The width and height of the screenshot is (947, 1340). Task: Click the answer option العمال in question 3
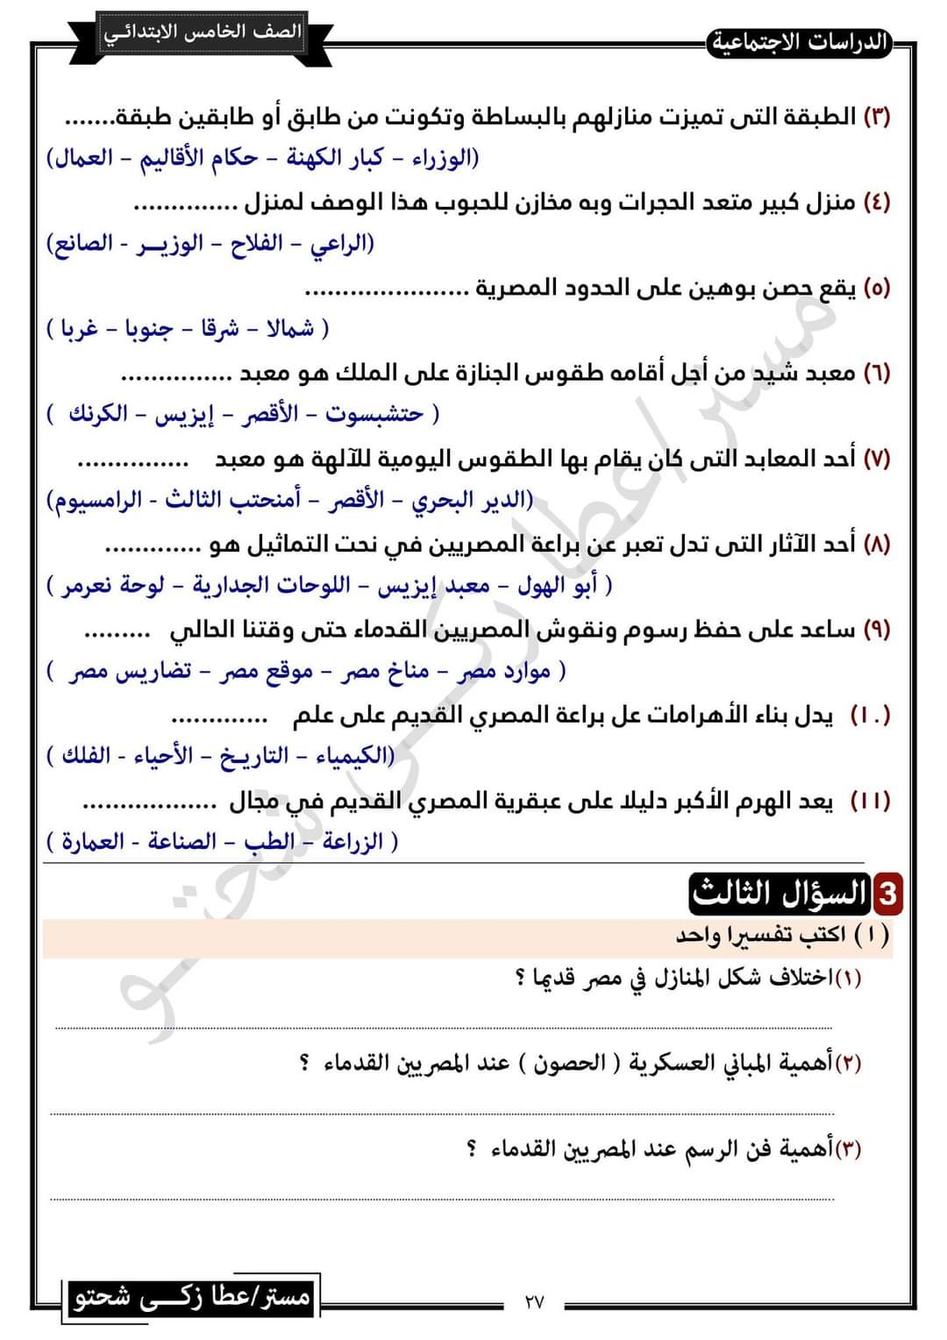point(84,158)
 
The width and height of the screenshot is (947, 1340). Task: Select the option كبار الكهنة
point(335,158)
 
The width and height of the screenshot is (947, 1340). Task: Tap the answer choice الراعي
point(339,243)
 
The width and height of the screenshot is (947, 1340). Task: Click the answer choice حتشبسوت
point(374,414)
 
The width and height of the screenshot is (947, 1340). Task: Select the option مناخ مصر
point(385,671)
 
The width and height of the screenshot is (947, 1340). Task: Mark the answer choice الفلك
point(85,755)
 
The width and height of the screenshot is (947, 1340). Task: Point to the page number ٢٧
point(534,1301)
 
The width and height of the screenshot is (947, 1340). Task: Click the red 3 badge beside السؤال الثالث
point(886,894)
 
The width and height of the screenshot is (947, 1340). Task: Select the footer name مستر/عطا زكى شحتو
point(192,1297)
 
